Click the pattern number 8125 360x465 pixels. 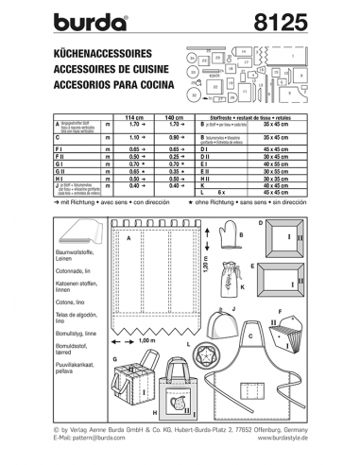301,19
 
